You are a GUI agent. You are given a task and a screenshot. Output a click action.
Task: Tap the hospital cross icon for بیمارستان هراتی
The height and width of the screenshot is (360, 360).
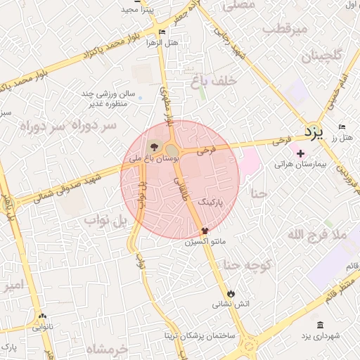pyautogui.click(x=300, y=153)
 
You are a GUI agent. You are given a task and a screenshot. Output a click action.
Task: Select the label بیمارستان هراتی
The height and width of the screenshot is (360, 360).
pyautogui.click(x=300, y=164)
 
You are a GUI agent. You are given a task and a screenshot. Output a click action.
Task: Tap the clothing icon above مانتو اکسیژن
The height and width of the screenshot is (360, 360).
pyautogui.click(x=205, y=230)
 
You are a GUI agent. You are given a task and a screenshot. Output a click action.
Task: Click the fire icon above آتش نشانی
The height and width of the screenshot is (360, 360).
pyautogui.click(x=231, y=292)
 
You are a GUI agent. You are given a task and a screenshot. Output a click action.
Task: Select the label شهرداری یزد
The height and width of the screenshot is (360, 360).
pyautogui.click(x=321, y=337)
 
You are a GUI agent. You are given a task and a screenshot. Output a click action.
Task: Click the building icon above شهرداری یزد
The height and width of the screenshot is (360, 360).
pyautogui.click(x=321, y=325)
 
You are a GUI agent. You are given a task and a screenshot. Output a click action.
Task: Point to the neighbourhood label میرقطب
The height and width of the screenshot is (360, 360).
pyautogui.click(x=285, y=30)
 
